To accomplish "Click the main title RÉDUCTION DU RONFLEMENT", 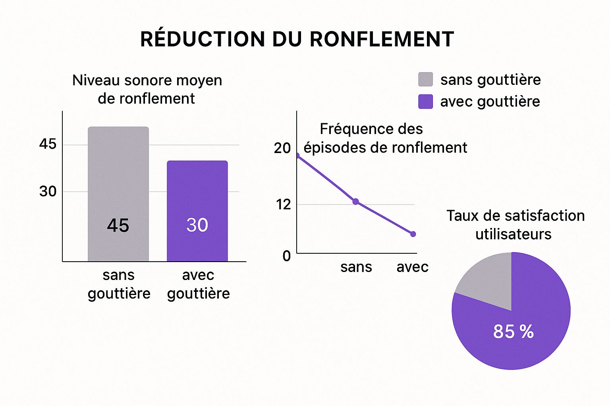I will point(297,39).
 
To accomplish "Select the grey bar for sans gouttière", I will point(118,178).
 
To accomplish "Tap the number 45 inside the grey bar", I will point(118,226).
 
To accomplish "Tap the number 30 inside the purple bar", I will point(197,225).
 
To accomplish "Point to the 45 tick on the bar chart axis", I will point(48,144).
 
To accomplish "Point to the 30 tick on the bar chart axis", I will point(48,192).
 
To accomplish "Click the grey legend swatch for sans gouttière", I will point(425,80).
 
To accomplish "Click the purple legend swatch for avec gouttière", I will point(425,101).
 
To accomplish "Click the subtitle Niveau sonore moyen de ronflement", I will point(147,89).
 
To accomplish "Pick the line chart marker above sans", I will point(355,201).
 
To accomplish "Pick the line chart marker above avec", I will point(413,234).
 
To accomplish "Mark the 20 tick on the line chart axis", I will point(282,148).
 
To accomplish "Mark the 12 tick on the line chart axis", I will point(284,205).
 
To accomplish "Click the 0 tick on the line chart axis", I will point(286,256).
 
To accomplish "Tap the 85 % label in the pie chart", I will point(513,331).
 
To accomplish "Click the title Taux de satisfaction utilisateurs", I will point(515,225).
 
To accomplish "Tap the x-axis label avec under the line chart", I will point(412,267).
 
